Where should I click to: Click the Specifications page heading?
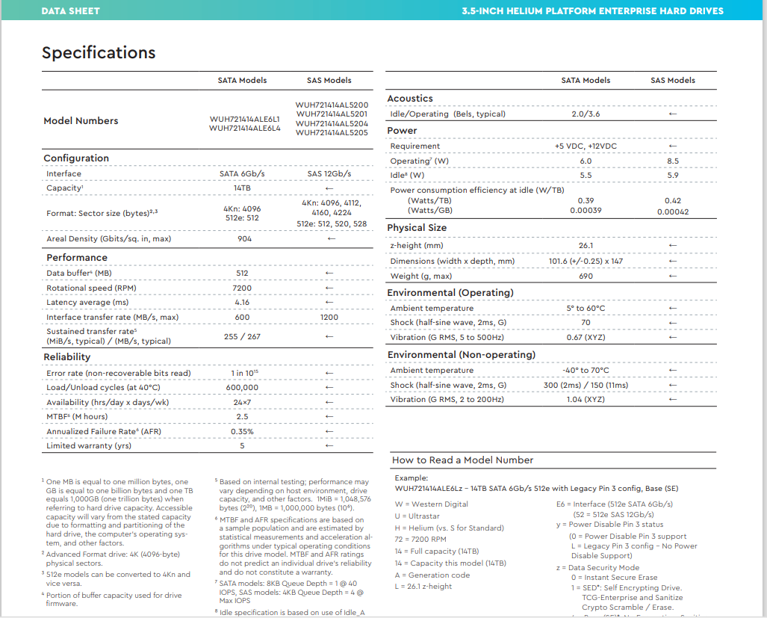click(99, 52)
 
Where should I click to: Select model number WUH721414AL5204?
click(332, 123)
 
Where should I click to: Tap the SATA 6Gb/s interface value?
click(242, 174)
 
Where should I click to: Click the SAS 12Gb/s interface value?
click(329, 174)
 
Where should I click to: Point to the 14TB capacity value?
click(242, 188)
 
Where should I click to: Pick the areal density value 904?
click(244, 239)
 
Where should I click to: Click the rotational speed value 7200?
click(242, 288)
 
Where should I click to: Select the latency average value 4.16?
click(242, 303)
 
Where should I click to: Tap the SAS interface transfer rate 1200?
click(329, 318)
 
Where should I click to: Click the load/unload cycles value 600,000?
click(242, 388)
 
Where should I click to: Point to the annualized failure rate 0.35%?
click(242, 431)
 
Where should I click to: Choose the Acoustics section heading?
click(409, 99)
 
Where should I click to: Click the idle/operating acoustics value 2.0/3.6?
click(586, 114)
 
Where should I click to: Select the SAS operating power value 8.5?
click(672, 161)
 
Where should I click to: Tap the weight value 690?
click(586, 276)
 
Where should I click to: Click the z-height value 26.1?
click(586, 246)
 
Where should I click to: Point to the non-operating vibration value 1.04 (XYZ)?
click(586, 400)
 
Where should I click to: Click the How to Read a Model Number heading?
click(462, 460)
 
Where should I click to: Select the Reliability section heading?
click(66, 357)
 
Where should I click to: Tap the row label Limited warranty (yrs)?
click(88, 446)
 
